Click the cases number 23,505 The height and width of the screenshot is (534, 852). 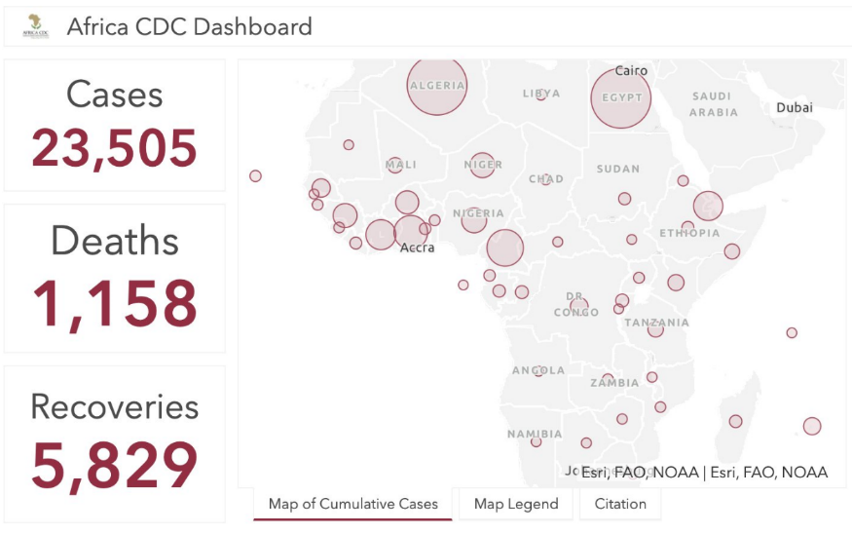[x=115, y=148]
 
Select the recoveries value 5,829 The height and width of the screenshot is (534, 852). [x=115, y=465]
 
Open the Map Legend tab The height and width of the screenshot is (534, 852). [x=516, y=504]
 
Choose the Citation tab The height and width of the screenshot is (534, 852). [x=620, y=504]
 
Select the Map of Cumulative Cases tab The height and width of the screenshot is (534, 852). [x=353, y=504]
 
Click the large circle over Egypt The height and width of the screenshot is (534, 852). [x=621, y=98]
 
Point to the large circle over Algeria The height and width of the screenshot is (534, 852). [x=437, y=86]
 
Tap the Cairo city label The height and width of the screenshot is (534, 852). [x=631, y=70]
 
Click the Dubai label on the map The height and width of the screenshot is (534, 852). [x=795, y=107]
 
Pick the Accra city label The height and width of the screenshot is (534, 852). [x=418, y=248]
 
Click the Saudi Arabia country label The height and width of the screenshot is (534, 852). [x=713, y=104]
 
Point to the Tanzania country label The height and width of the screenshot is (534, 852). [x=656, y=323]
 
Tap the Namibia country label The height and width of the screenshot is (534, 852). [x=535, y=434]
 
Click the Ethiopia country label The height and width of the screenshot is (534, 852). [x=689, y=233]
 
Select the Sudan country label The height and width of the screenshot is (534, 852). [x=618, y=169]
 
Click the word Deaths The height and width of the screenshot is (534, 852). [x=115, y=241]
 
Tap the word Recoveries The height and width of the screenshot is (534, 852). [x=115, y=406]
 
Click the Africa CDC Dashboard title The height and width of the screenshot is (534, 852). [x=190, y=26]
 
